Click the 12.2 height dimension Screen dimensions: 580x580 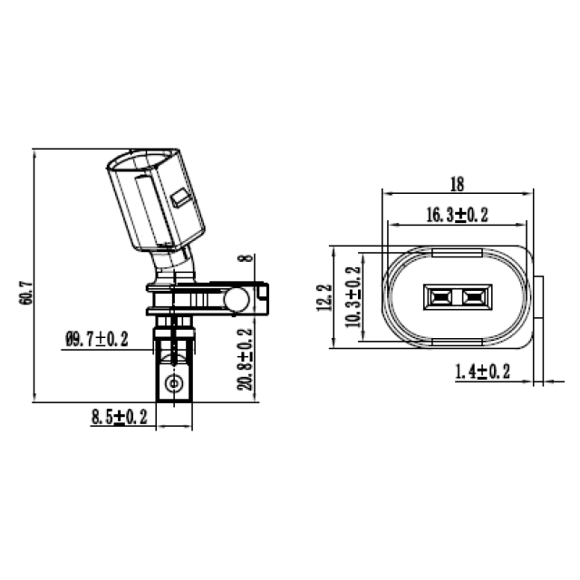(324, 296)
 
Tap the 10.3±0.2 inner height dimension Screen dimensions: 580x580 (353, 296)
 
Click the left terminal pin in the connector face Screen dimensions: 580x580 (441, 296)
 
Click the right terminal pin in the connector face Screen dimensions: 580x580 (472, 296)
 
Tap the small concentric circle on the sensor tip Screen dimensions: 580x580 (174, 383)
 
